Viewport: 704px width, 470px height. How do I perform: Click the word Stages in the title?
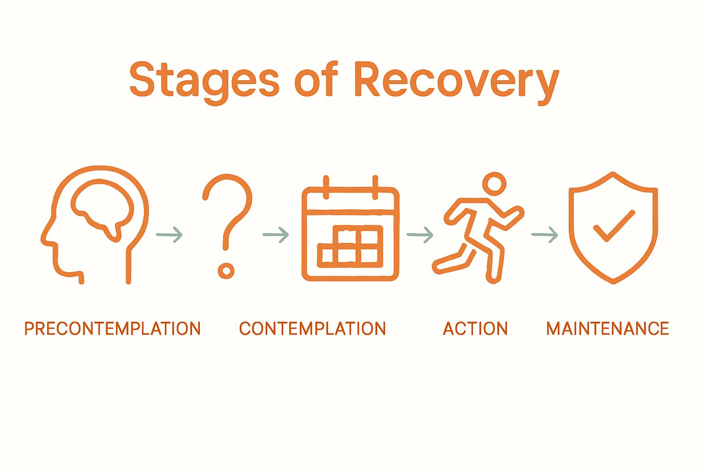[204, 81]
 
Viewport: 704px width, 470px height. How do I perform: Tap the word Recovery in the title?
[456, 81]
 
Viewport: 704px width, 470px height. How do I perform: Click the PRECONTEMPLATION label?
[112, 329]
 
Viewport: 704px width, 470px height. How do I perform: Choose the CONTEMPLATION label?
[312, 329]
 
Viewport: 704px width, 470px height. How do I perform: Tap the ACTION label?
[475, 329]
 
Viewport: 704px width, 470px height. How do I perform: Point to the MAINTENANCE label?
[607, 329]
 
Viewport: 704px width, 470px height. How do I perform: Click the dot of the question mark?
[225, 271]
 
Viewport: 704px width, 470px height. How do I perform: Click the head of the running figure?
[494, 184]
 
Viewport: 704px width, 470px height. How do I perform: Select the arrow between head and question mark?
[170, 235]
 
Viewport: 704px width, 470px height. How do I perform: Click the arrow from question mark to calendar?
[276, 235]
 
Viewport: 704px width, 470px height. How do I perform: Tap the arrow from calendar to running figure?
[420, 235]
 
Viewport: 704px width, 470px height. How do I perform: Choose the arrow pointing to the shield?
[544, 235]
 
